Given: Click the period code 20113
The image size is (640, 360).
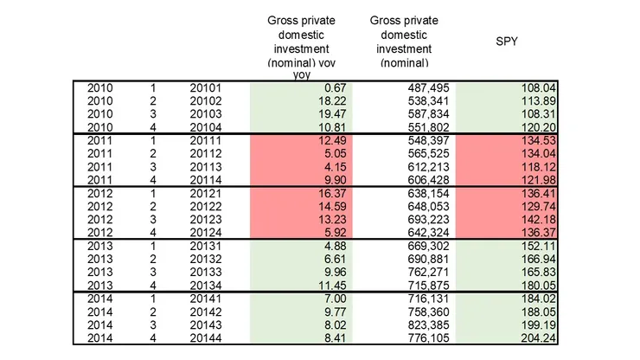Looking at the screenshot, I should pyautogui.click(x=206, y=166).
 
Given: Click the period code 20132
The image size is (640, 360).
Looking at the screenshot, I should pyautogui.click(x=206, y=259).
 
